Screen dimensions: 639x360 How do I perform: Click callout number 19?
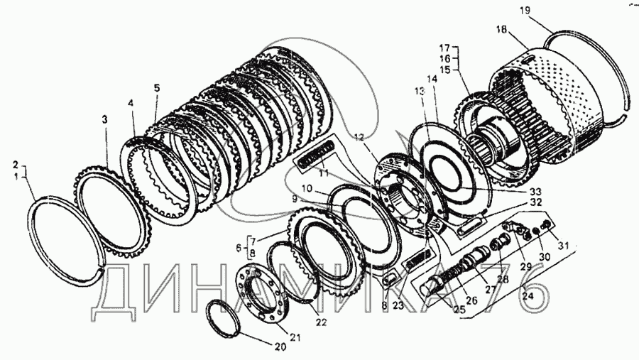[x=545, y=10]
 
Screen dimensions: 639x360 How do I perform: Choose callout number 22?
[x=321, y=322]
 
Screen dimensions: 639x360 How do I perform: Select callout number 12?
[x=359, y=136]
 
